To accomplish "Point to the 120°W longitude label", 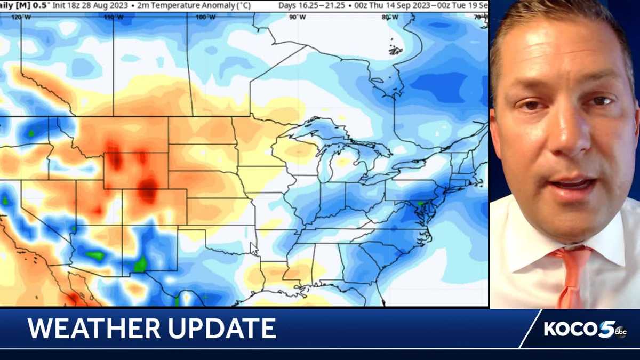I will point(21,17).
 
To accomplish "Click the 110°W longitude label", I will point(114,17).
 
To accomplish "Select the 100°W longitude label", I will point(205,17).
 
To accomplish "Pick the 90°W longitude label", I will point(298,17).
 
